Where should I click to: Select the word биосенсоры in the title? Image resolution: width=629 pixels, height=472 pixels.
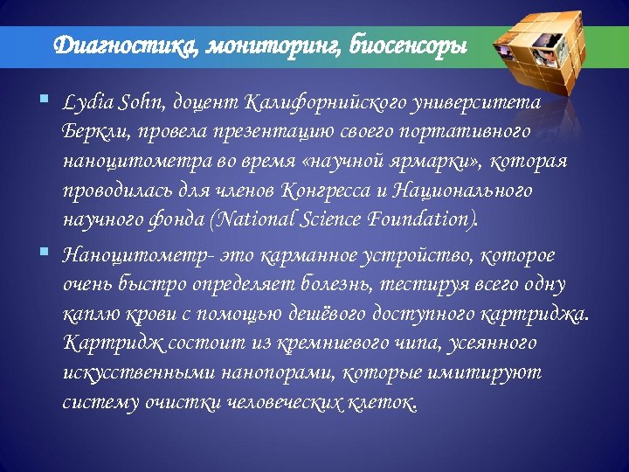407,45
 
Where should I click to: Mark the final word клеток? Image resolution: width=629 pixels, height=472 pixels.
383,401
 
